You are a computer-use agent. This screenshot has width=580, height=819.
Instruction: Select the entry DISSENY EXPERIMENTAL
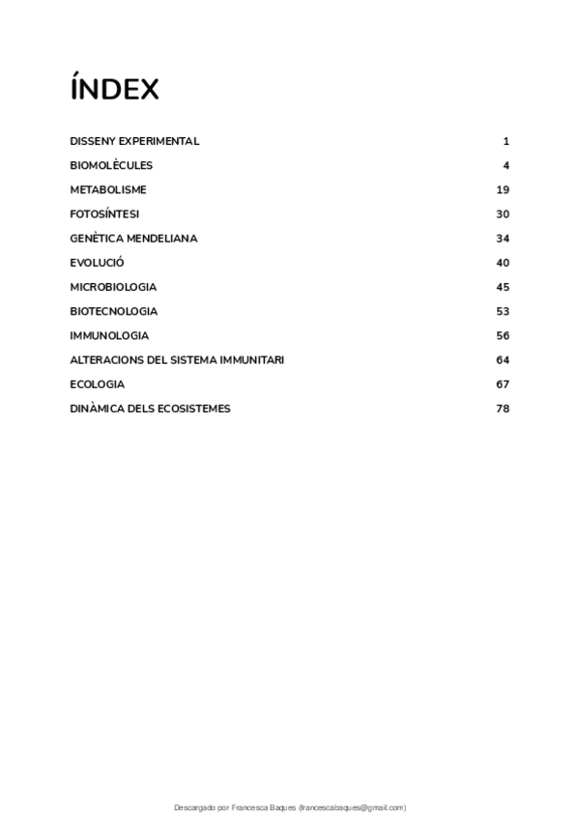(134, 141)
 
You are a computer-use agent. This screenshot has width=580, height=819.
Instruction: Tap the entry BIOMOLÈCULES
(111, 165)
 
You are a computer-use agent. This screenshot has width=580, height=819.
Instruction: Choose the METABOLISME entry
(108, 189)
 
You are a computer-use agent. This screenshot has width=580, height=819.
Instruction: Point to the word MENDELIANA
(169, 239)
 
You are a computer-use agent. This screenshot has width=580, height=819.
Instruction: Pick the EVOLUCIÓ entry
(97, 263)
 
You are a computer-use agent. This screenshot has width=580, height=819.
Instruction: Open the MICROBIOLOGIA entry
(113, 287)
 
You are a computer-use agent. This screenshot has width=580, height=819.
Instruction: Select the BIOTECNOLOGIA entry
(114, 311)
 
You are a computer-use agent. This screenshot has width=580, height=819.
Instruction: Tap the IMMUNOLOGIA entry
(109, 335)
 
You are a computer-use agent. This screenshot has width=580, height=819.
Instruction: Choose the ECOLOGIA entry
(98, 384)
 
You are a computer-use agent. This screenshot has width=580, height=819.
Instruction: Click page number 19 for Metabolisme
(503, 189)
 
